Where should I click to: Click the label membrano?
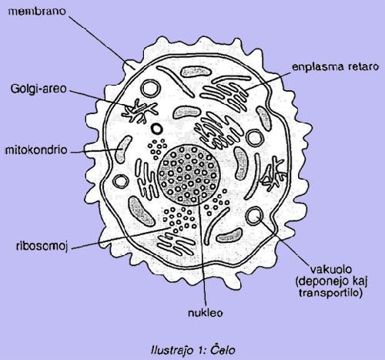(37, 12)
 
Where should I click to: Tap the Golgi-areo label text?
(38, 89)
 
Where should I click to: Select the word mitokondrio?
(36, 150)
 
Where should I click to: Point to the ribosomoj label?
(42, 246)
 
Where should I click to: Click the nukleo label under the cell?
(205, 313)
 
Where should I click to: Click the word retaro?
(363, 66)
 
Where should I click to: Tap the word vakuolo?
(331, 270)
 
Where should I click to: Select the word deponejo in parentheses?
(322, 281)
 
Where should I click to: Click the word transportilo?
(330, 293)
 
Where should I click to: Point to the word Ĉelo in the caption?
(223, 350)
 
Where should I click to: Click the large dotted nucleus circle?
(189, 175)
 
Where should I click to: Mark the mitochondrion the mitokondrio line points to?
(122, 150)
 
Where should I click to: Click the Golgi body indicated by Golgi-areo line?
(139, 112)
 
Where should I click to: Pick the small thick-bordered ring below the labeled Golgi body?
(156, 129)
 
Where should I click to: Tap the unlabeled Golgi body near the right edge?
(273, 174)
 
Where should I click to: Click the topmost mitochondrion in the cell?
(195, 72)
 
